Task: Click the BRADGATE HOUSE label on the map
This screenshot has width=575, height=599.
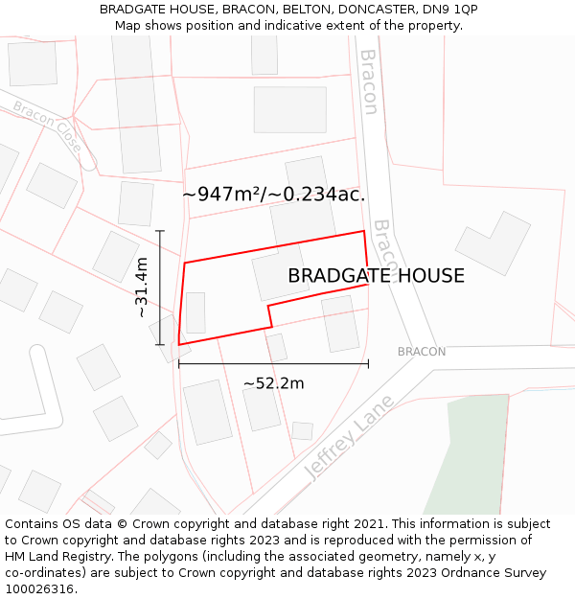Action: [376, 276]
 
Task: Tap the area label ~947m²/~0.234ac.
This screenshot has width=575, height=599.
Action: [274, 195]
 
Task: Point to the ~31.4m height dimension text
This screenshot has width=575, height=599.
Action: [141, 287]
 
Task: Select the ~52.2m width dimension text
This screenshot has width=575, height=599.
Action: [273, 383]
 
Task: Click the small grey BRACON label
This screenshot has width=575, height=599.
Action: [422, 352]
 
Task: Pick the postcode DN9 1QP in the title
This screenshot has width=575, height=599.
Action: [450, 10]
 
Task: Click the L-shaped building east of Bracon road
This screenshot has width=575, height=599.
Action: [493, 243]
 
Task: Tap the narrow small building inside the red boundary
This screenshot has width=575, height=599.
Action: [195, 312]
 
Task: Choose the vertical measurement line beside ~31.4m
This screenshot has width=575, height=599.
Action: [160, 288]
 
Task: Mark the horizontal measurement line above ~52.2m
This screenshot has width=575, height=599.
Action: [273, 364]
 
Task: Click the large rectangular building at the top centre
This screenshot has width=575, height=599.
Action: [289, 109]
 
